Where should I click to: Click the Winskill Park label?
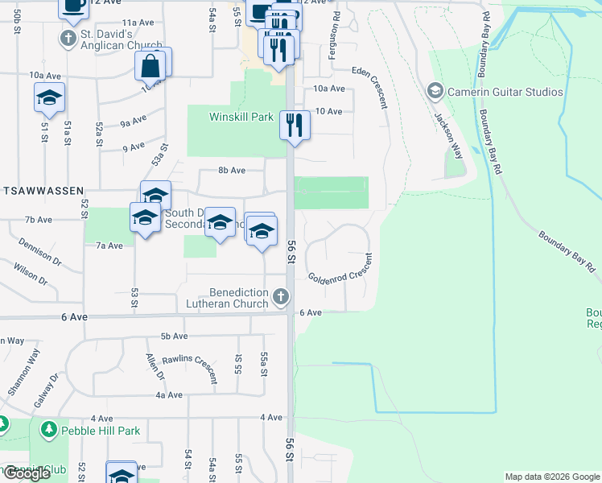click(241, 118)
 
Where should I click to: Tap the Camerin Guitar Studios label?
click(505, 92)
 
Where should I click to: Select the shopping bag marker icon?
click(152, 66)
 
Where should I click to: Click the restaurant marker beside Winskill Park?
click(294, 125)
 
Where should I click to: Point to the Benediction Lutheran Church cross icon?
click(281, 298)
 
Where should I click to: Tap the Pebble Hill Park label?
click(102, 431)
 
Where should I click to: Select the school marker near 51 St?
click(49, 98)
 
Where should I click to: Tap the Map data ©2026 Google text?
click(551, 477)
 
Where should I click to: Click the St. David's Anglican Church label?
click(122, 39)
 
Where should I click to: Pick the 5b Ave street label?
click(174, 336)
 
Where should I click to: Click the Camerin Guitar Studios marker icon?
click(435, 91)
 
